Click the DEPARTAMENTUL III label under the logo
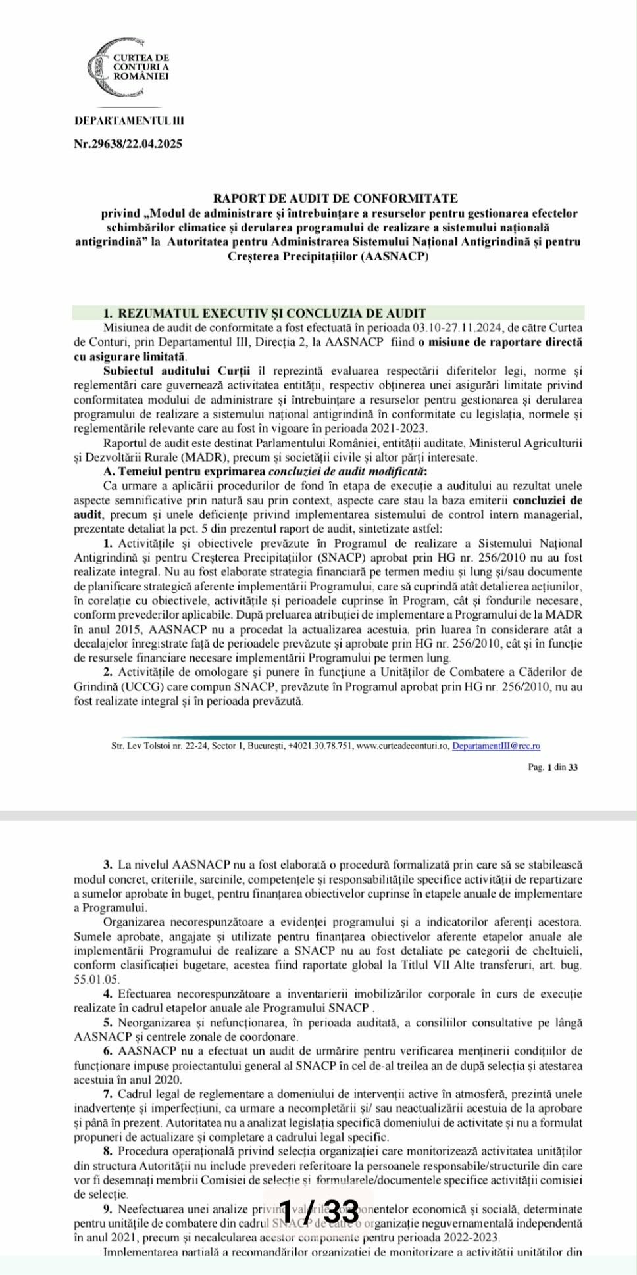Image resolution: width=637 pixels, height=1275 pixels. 130,121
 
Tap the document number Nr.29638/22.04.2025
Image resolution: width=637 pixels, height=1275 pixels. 128,144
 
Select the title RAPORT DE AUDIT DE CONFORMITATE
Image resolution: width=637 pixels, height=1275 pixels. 336,198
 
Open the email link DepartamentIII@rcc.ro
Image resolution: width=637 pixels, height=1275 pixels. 496,746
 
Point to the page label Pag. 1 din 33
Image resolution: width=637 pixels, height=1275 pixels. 553,767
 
